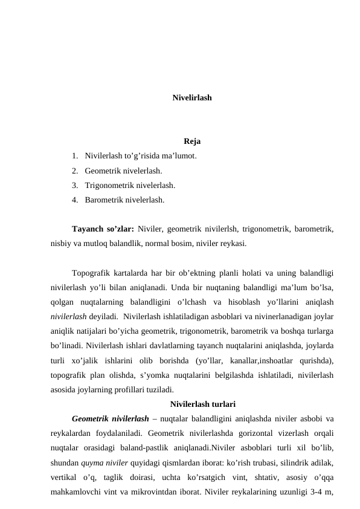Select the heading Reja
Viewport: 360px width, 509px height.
point(192,142)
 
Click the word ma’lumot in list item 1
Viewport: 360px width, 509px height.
point(178,157)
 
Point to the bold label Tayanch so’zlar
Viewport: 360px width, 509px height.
point(102,229)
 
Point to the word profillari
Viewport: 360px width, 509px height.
point(124,390)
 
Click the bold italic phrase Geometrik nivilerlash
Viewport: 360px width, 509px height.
point(110,418)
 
